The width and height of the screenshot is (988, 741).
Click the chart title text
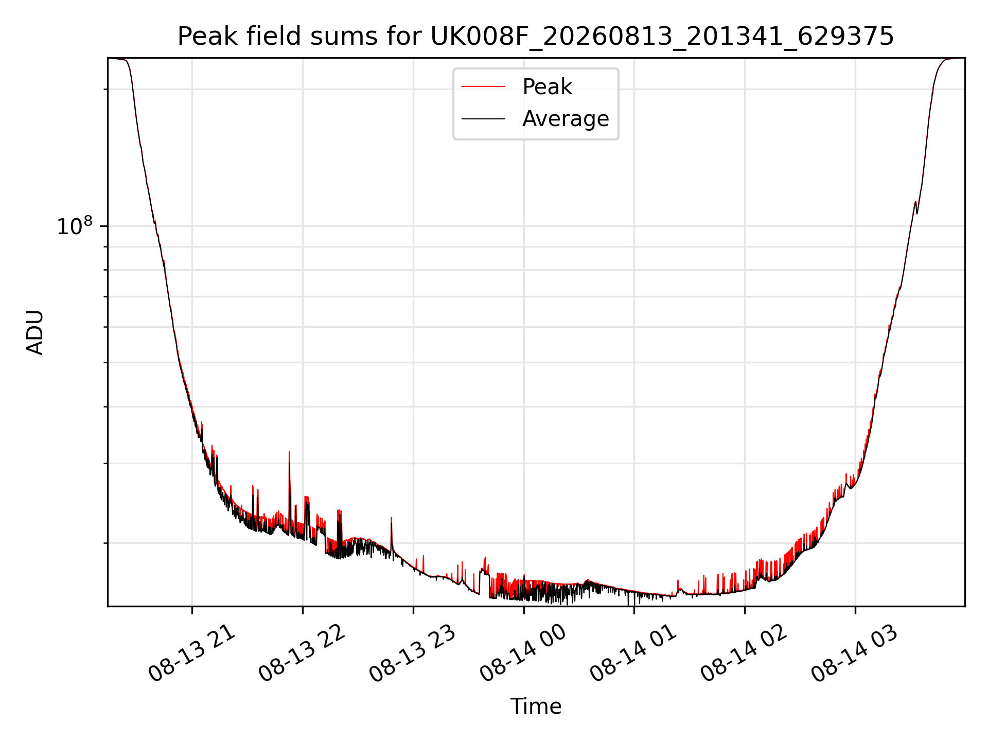tap(536, 37)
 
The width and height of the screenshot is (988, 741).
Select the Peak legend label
tap(547, 87)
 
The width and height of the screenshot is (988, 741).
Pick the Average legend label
tap(566, 119)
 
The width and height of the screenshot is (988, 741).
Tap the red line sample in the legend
tap(484, 87)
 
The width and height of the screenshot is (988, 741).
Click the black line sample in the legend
tap(484, 119)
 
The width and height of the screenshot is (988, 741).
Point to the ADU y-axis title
tap(35, 332)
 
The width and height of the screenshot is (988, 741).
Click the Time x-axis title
tap(536, 706)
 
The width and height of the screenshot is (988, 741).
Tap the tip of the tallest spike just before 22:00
tap(289, 452)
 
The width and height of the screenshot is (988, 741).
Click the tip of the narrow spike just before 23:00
tap(392, 518)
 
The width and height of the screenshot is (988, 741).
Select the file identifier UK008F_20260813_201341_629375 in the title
tap(662, 37)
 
